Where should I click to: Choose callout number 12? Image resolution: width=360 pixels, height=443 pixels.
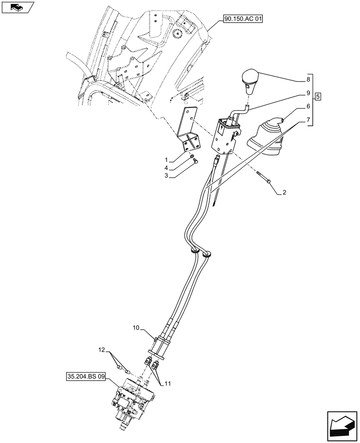point(102,350)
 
